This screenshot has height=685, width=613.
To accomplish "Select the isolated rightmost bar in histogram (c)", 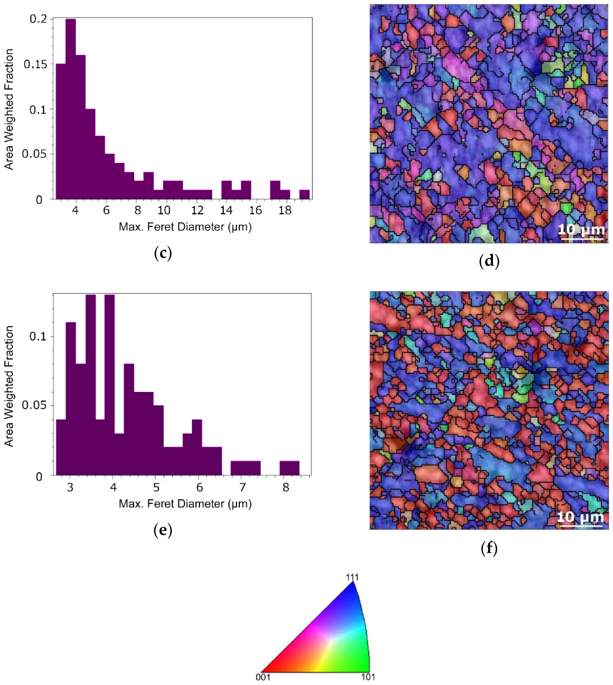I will tap(304, 195).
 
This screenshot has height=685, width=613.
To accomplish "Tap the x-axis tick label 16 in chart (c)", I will tap(255, 211).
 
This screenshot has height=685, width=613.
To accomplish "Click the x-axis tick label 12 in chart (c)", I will tap(197, 211).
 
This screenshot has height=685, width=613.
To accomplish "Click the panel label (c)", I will tap(163, 253).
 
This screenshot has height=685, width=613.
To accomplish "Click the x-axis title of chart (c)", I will tap(185, 227).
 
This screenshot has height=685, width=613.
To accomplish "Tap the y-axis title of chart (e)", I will tap(9, 386).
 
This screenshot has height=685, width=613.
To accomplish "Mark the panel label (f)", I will tap(489, 549).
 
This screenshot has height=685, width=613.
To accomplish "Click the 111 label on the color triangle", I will tap(352, 577).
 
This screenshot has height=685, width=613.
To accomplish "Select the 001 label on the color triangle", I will tap(263, 677).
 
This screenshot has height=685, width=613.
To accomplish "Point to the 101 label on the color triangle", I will tap(368, 677).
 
